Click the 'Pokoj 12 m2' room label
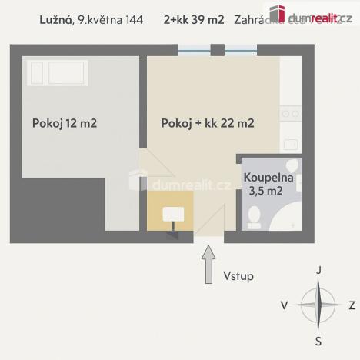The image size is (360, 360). coord(65,122)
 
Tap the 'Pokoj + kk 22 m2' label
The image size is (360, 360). coord(208,122)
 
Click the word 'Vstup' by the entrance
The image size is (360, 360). coord(238,275)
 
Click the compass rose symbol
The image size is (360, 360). coord(318,305)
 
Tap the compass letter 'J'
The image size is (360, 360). coord(318,271)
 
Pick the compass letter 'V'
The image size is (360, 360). coord(284,305)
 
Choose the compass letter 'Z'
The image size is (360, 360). coord(352,305)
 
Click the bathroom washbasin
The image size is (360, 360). coord(292,168)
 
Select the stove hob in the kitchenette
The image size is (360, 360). coord(290,113)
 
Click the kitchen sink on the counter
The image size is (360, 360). coord(290,143)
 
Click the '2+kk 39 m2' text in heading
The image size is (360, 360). coord(194,21)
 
